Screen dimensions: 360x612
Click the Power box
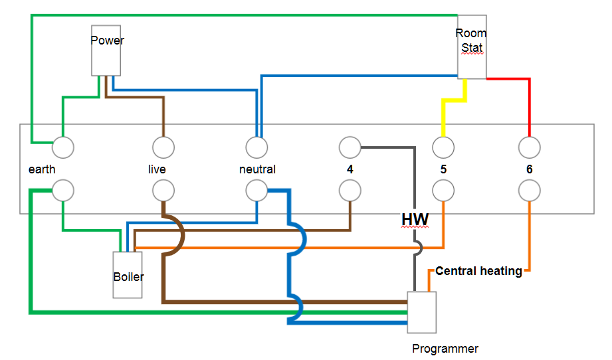(x=106, y=50)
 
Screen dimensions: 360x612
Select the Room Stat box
(x=472, y=46)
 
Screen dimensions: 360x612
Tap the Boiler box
(x=128, y=275)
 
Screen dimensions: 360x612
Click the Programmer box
(x=422, y=312)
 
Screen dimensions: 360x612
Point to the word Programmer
(x=445, y=349)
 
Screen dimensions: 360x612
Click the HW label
(x=415, y=220)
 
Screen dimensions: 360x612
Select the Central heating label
(x=478, y=271)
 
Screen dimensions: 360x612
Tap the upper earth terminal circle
(x=64, y=146)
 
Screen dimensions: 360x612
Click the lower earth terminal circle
(x=64, y=191)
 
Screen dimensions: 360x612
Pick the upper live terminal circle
(x=163, y=146)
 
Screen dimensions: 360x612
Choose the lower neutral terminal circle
(x=256, y=191)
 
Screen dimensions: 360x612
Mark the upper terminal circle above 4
(x=350, y=146)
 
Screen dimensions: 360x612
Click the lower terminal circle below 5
(x=443, y=191)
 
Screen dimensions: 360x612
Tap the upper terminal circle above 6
(x=529, y=146)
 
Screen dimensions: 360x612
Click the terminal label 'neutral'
(x=257, y=169)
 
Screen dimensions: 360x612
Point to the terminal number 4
(x=350, y=169)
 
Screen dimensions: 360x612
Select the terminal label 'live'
(x=157, y=169)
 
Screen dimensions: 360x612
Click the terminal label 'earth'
(x=42, y=169)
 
